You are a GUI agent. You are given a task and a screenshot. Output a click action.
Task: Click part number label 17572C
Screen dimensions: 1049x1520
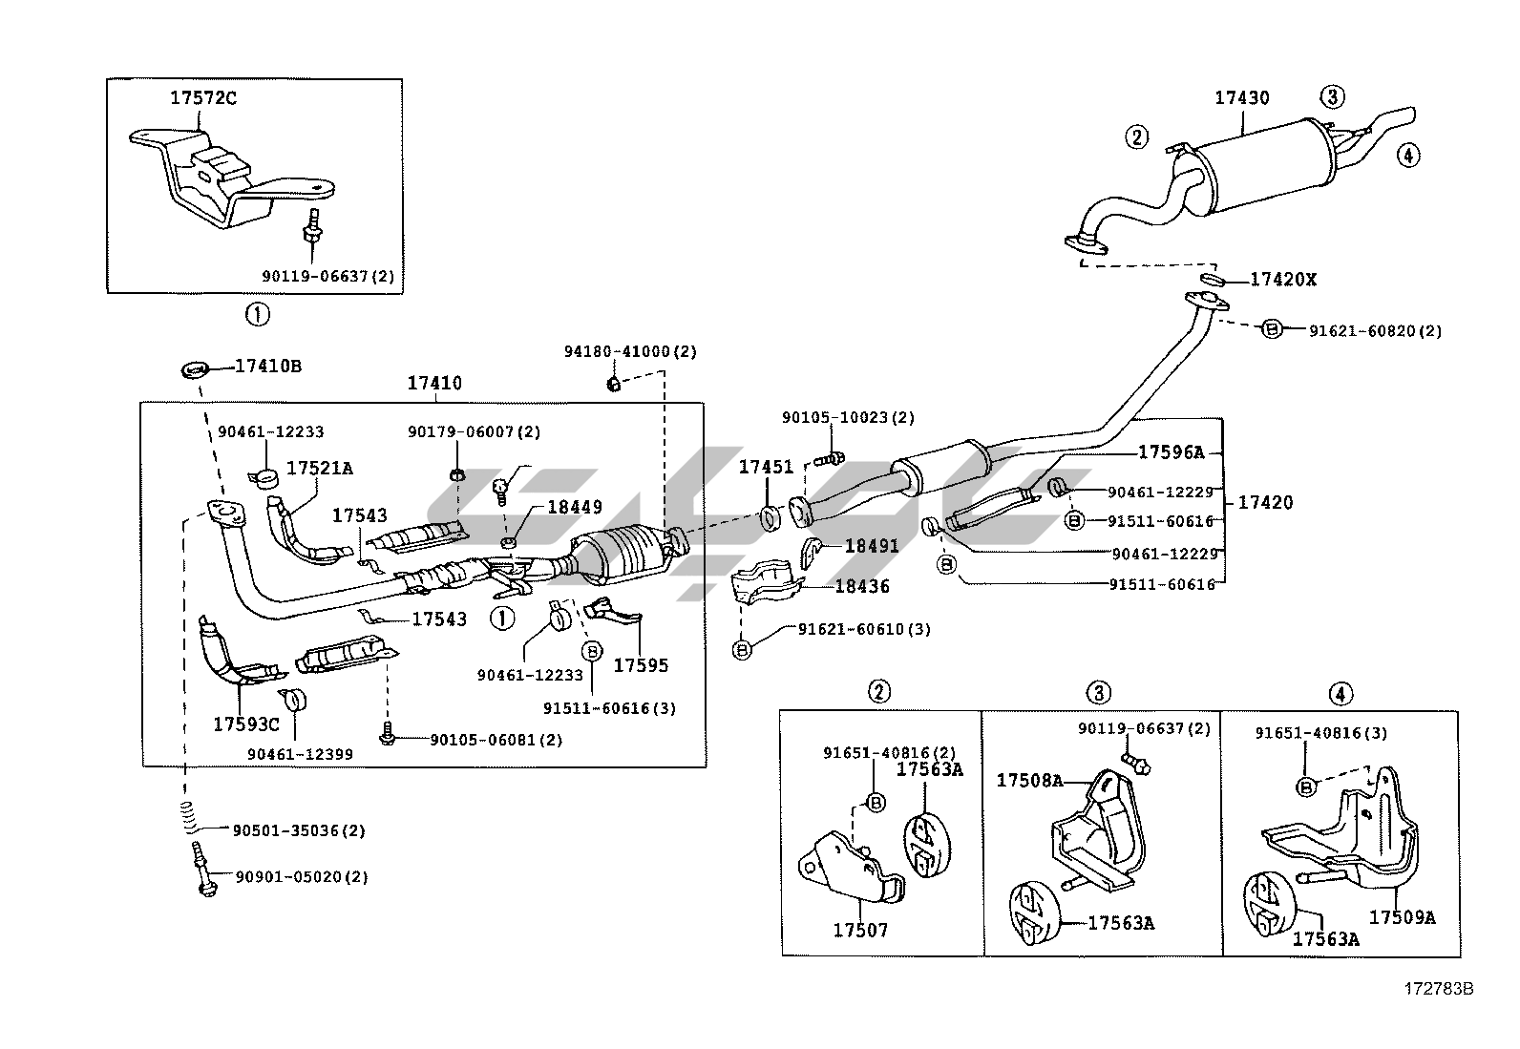203,97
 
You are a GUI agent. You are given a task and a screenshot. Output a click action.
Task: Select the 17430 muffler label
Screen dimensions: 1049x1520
1241,97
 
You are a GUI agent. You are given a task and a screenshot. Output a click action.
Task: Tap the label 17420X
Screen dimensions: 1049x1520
1283,280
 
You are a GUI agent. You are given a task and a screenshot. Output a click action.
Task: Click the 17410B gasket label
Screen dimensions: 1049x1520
268,367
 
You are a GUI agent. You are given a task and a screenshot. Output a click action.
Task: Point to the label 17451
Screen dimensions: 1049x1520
766,467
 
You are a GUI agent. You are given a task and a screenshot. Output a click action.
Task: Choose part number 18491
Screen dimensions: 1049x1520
871,547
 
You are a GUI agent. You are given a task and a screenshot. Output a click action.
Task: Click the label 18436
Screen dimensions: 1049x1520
861,586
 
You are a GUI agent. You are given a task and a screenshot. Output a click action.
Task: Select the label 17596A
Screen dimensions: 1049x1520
1171,452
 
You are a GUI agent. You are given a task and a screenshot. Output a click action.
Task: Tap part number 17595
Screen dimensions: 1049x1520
641,665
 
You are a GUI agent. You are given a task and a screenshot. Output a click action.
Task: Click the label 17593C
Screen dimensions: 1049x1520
246,724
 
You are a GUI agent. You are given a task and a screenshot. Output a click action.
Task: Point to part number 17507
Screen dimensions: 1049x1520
860,929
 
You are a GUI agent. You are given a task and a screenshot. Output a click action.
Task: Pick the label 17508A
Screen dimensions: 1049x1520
1029,780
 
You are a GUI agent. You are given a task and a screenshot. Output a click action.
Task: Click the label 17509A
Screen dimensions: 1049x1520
1402,917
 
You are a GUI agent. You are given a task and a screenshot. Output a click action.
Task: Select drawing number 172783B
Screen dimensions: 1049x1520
1437,988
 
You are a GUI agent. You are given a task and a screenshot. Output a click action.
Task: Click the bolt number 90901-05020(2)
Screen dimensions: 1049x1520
299,876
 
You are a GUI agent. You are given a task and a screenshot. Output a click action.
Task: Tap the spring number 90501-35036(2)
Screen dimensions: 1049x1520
299,830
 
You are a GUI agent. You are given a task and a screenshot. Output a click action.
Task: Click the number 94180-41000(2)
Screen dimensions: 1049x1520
630,351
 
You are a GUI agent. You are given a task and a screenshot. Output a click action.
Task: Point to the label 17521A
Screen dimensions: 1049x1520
320,468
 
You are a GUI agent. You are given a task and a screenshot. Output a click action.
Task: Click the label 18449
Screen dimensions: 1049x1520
574,508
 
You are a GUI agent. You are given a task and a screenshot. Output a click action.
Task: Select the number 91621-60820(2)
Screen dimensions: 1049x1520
1375,330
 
